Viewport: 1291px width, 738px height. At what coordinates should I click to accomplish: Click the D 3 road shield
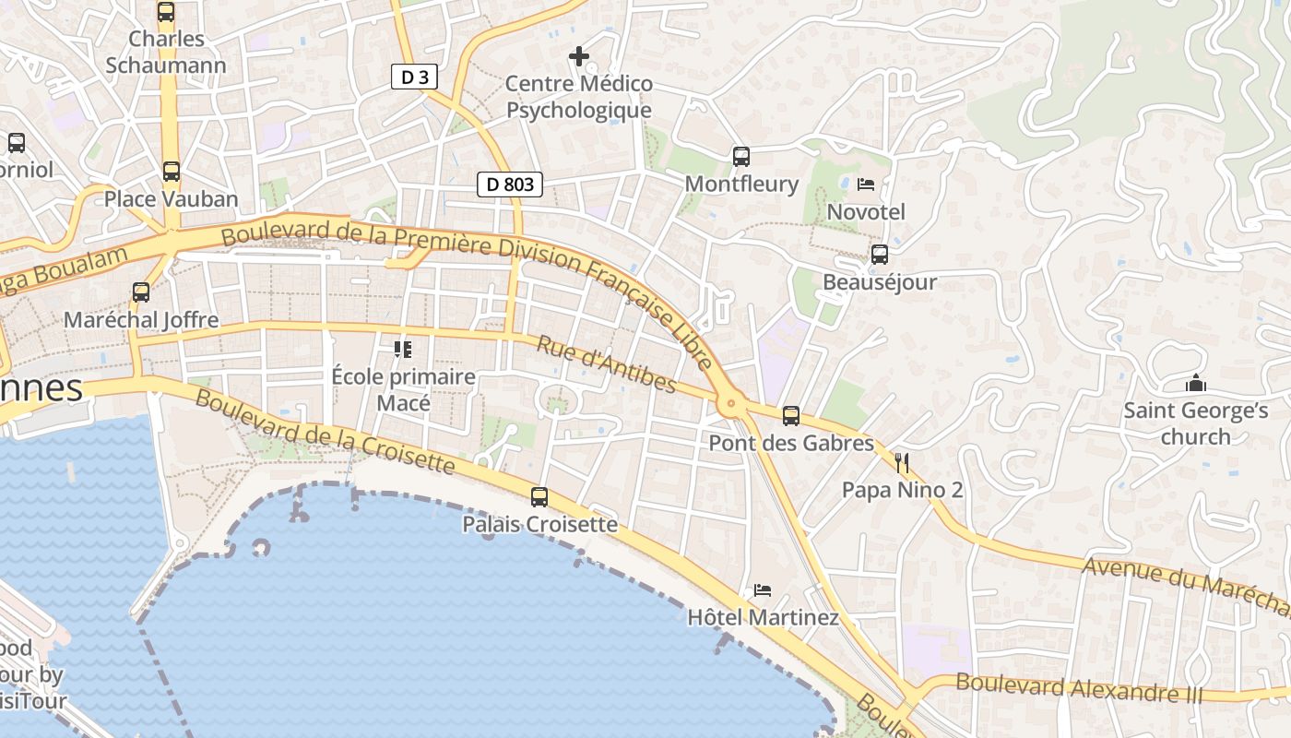click(x=415, y=77)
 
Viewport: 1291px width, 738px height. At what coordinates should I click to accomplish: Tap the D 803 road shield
click(x=510, y=184)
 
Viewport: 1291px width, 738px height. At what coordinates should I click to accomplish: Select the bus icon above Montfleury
click(x=741, y=157)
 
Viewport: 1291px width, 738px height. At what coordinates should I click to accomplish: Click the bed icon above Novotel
click(x=866, y=184)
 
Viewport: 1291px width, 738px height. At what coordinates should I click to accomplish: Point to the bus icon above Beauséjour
click(x=880, y=255)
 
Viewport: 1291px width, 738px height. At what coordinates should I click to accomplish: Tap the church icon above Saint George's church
click(x=1196, y=384)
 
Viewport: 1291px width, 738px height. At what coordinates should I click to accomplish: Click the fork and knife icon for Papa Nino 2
click(x=902, y=462)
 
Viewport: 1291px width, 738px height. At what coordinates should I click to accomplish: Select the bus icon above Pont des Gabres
click(x=791, y=416)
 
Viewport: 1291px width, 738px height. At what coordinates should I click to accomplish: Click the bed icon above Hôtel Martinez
click(x=763, y=590)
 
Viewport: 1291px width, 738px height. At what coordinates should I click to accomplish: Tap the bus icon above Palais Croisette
click(x=539, y=497)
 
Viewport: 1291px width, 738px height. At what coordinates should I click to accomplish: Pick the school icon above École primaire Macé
click(x=402, y=350)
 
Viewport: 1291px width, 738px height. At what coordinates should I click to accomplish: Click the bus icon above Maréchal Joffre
click(x=141, y=292)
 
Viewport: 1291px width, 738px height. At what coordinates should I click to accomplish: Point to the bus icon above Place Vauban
click(x=172, y=172)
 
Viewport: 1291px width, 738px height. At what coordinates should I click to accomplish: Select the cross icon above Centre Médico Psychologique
click(x=579, y=57)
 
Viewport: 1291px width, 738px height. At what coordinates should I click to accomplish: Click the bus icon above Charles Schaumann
click(x=166, y=12)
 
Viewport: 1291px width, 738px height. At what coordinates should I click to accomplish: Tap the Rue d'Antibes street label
click(x=607, y=364)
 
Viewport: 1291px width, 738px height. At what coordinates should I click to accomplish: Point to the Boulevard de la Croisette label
click(x=325, y=432)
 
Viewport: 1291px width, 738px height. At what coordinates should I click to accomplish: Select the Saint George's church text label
click(x=1195, y=423)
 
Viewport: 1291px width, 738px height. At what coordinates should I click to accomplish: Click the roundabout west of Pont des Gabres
click(x=731, y=403)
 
